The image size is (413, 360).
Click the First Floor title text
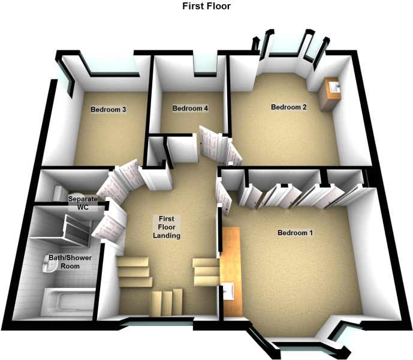pos(206,6)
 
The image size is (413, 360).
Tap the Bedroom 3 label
pos(108,109)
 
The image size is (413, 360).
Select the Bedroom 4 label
pos(190,108)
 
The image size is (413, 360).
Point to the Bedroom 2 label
pos(289,107)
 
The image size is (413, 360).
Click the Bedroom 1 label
pos(296,233)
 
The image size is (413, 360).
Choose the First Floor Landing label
pos(167,227)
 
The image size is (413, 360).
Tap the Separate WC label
pos(83,203)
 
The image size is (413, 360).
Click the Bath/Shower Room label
pos(70,262)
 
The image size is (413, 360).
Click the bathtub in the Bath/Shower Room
pos(68,301)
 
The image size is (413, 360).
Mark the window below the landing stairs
pos(158,322)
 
